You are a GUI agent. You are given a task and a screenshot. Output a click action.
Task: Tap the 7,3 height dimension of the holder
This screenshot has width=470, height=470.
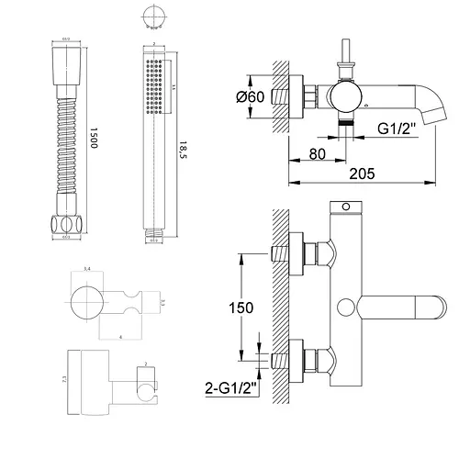64,378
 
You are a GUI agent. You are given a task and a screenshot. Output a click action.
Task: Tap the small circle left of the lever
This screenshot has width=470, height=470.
346,307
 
